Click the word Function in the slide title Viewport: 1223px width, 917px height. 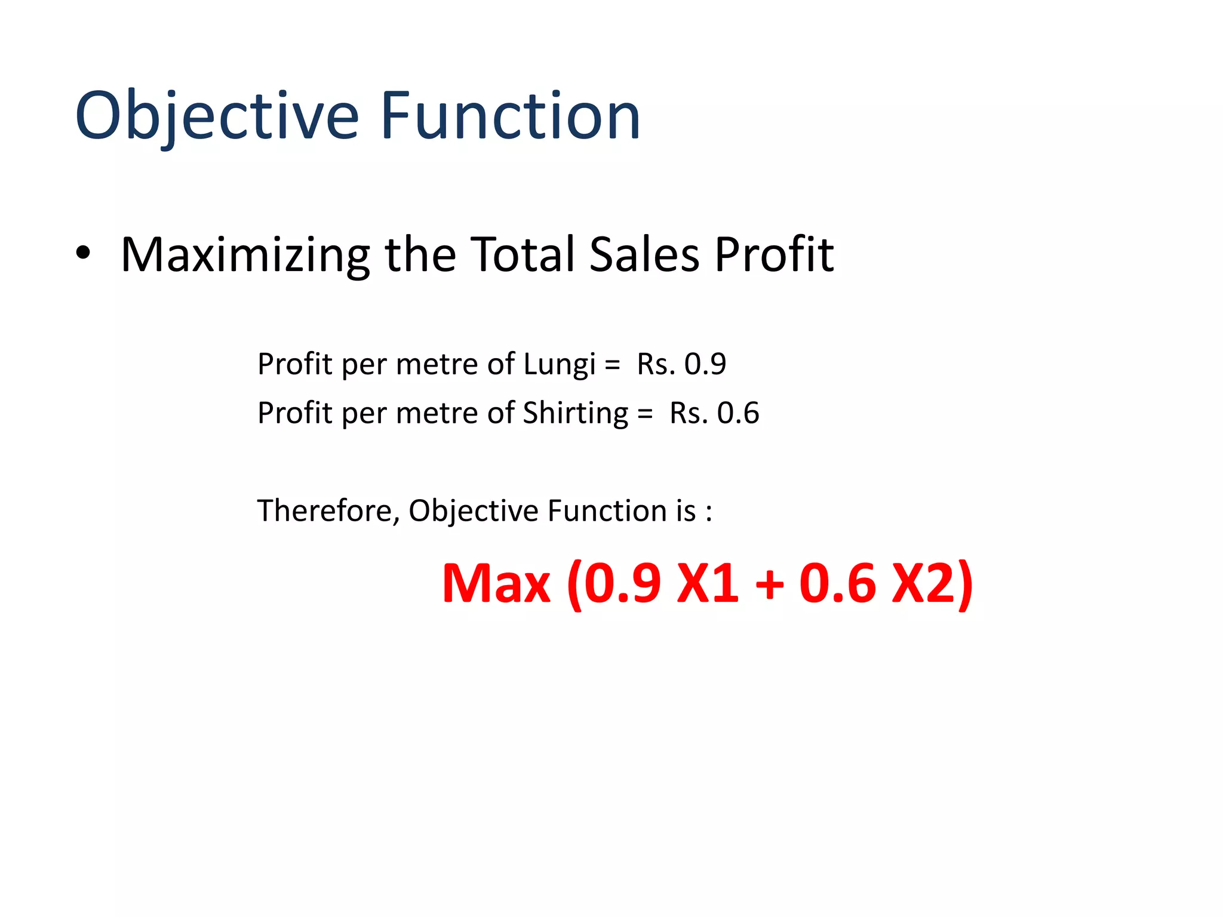pos(511,116)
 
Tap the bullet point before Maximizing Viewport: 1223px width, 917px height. pos(83,253)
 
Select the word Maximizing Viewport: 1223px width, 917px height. pos(245,256)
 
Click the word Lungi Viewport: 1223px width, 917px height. pos(559,365)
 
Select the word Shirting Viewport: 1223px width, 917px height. pos(575,414)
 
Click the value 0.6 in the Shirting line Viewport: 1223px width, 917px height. pos(738,413)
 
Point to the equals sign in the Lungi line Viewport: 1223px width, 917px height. pos(612,365)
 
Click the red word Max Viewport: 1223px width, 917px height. pos(496,583)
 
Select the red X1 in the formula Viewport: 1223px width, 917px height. pos(707,583)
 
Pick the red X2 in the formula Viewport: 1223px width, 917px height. pos(923,583)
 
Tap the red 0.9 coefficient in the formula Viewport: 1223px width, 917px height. pos(622,583)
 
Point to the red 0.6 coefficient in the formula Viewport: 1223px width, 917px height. pos(838,583)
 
